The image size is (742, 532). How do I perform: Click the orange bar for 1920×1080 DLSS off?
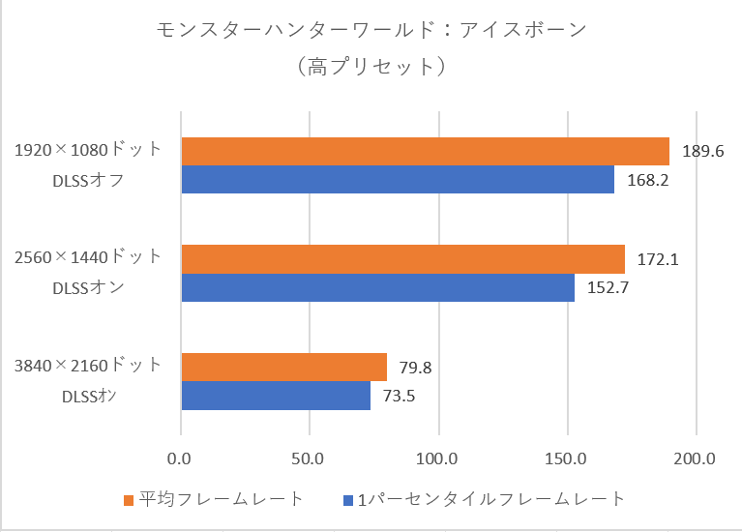click(424, 152)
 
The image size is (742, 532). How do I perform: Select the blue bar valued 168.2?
click(397, 180)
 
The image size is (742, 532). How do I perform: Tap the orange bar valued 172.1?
click(401, 259)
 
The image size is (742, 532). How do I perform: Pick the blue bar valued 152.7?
click(377, 288)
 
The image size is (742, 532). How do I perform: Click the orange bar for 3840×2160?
click(283, 368)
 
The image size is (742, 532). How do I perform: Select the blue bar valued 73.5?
click(276, 396)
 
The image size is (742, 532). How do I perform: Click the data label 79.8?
click(415, 368)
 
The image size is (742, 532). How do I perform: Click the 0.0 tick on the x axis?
click(181, 458)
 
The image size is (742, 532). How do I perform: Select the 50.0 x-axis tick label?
click(309, 458)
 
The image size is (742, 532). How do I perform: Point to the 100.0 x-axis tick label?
click(438, 458)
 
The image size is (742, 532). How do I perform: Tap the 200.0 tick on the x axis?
click(696, 458)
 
